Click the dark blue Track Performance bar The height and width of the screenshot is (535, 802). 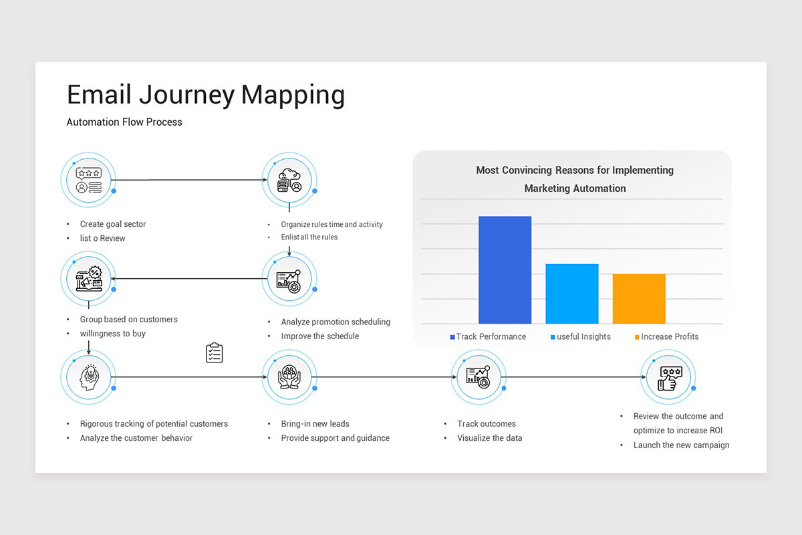tap(505, 270)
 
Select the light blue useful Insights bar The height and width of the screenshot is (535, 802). tap(571, 294)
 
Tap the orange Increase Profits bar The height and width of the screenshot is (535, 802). tap(639, 299)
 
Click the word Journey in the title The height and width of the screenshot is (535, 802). tap(187, 95)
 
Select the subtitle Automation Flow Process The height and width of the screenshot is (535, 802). tap(124, 122)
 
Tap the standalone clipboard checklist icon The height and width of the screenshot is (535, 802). tap(214, 352)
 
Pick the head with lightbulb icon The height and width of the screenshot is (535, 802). tap(88, 377)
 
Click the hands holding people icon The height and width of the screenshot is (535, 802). tap(289, 377)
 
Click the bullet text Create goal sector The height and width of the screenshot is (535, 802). tap(112, 224)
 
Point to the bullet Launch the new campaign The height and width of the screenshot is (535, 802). tap(681, 445)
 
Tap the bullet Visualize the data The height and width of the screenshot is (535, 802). tap(489, 438)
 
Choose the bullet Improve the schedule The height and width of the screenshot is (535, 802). tap(319, 336)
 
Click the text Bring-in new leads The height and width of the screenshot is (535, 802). tap(315, 424)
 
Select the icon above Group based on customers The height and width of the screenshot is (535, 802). tap(88, 279)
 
